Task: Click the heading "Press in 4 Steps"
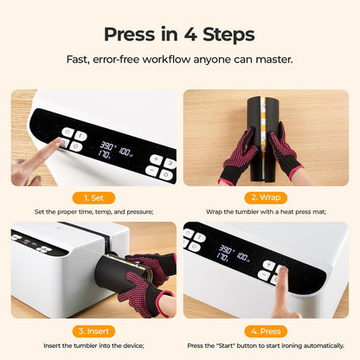(x=179, y=35)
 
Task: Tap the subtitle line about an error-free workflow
(x=179, y=60)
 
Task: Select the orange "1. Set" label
(x=93, y=196)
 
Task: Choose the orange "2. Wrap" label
(x=266, y=196)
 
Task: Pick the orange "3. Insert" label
(x=93, y=329)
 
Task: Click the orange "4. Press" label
(x=266, y=329)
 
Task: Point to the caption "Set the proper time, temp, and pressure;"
(x=93, y=212)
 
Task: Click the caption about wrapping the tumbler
(x=266, y=212)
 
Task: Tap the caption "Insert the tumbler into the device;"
(x=93, y=344)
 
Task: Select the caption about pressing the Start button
(x=266, y=344)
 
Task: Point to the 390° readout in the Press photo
(x=227, y=251)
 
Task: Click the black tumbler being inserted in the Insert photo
(x=119, y=277)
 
